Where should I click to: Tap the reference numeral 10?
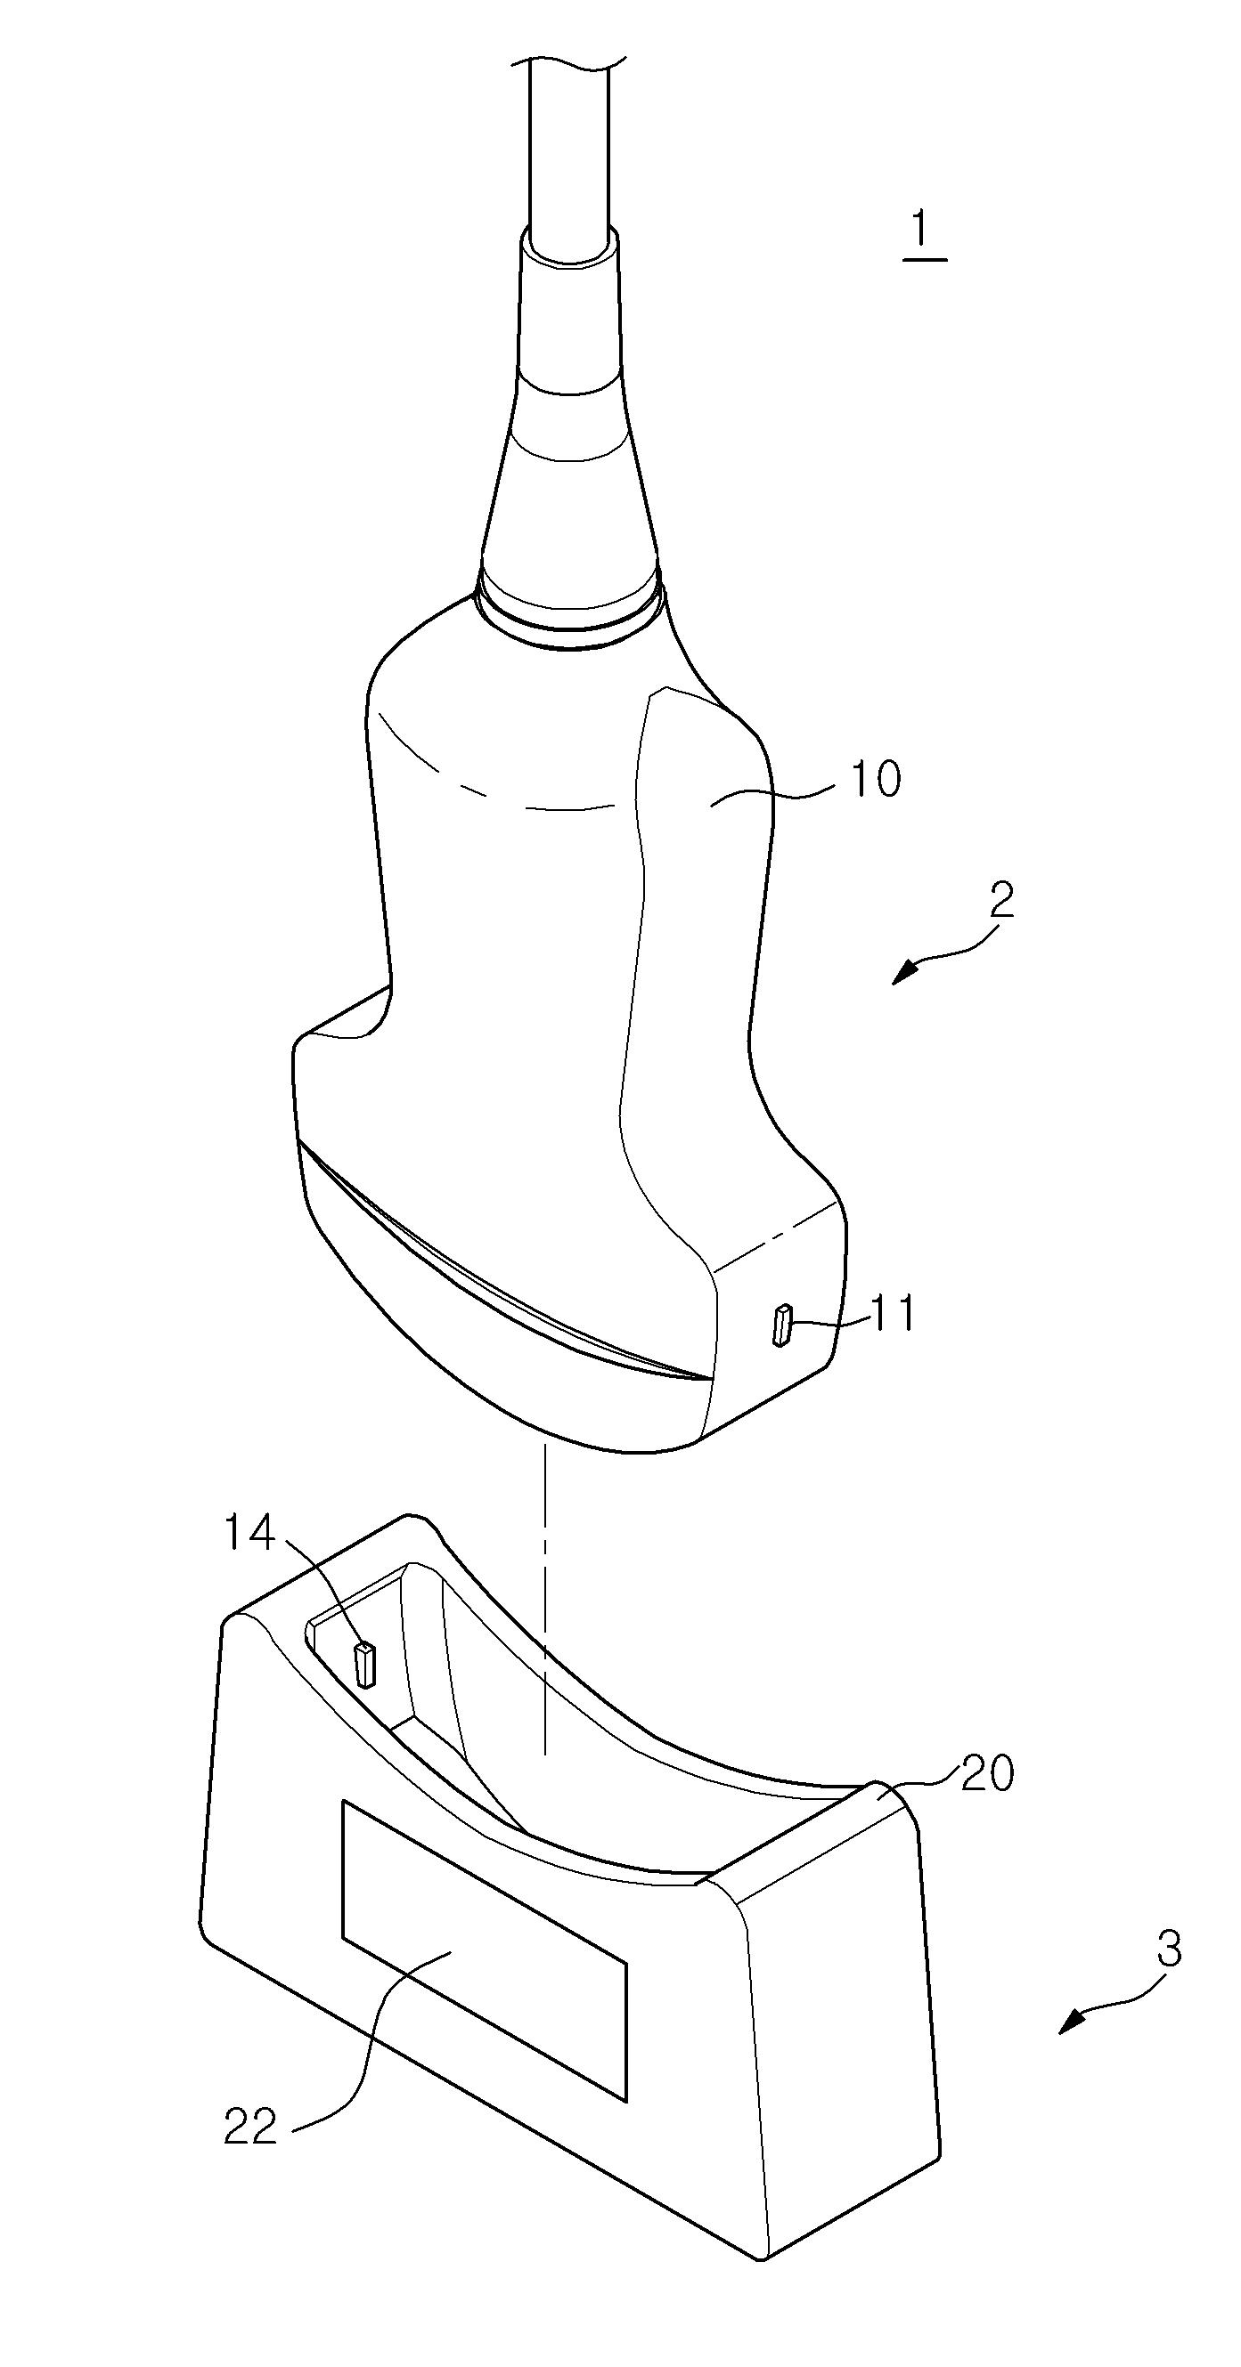click(874, 779)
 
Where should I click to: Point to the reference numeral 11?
click(893, 1315)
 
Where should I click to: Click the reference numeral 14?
click(250, 1533)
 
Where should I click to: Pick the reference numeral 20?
click(987, 1772)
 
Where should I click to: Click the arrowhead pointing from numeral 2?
click(904, 973)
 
